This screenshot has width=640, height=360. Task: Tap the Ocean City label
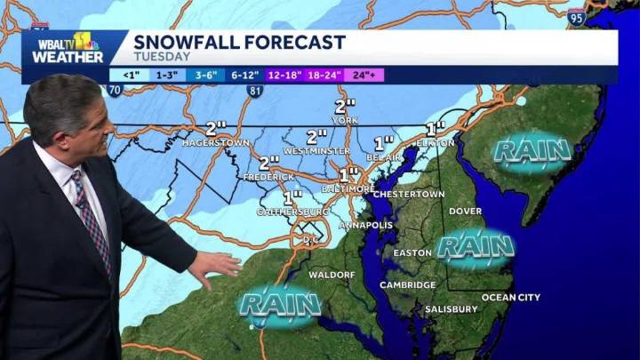[x=510, y=297]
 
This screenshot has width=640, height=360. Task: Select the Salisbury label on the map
[x=451, y=309]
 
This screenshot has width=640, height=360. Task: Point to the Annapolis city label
[x=365, y=225]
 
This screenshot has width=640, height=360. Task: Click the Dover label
[x=465, y=211]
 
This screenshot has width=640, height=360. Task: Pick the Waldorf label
[x=331, y=275]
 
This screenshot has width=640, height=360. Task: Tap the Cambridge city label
[x=408, y=285]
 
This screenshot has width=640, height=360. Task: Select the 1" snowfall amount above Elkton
[x=436, y=128]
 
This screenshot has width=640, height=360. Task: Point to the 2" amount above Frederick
[x=269, y=162]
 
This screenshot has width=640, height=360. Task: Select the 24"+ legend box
[x=363, y=75]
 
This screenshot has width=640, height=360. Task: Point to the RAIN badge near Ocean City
[x=476, y=244]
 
